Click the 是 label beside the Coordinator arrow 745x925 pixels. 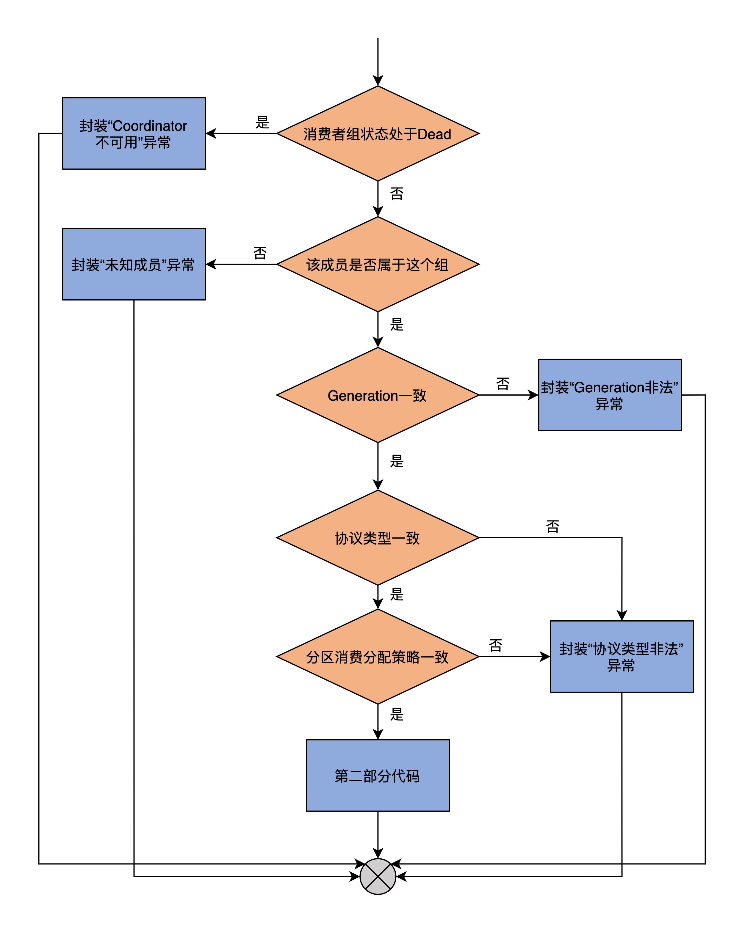[262, 122]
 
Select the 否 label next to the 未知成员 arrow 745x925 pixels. [260, 253]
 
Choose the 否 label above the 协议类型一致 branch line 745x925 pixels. [553, 526]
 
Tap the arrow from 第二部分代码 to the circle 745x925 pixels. [378, 834]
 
